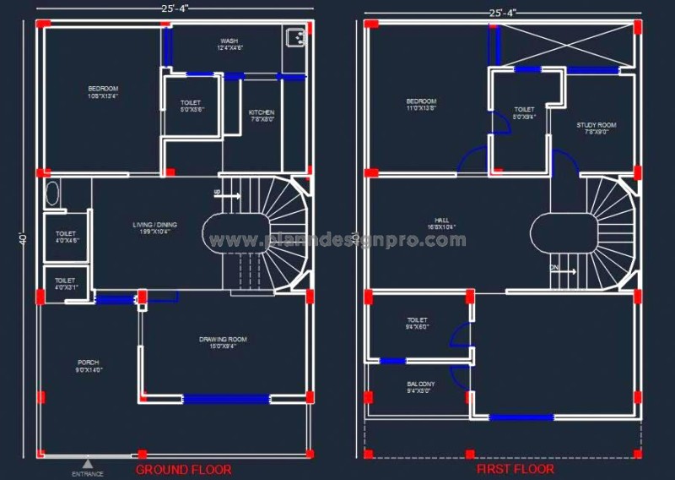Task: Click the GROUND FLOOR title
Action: click(183, 469)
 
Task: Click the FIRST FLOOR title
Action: click(516, 469)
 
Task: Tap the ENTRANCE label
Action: click(88, 473)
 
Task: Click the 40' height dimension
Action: click(21, 240)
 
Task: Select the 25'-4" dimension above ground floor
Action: click(175, 8)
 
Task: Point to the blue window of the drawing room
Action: click(225, 399)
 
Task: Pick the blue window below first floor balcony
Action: click(521, 417)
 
